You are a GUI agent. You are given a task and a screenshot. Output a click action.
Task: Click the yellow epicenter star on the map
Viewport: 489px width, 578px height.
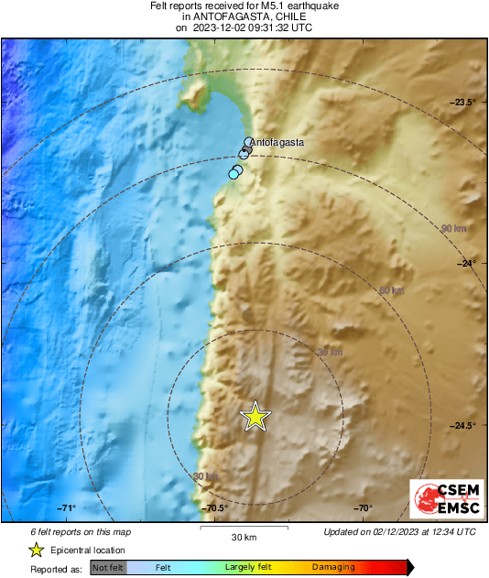(x=256, y=417)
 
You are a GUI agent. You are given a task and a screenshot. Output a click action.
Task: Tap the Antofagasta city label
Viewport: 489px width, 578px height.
(x=277, y=144)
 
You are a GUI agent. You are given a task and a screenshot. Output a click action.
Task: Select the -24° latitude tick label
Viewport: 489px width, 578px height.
(x=468, y=264)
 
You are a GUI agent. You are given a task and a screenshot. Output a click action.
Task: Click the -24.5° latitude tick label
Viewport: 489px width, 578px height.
(x=462, y=425)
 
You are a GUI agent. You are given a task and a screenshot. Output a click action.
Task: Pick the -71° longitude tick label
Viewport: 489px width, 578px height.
(x=67, y=508)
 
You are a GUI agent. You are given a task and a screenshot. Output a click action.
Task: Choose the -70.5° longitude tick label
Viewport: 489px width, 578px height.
(x=216, y=508)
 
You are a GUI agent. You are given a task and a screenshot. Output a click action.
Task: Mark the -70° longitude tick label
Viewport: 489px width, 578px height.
(x=364, y=508)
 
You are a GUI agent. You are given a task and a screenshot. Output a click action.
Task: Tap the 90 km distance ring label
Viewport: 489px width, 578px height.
(x=452, y=228)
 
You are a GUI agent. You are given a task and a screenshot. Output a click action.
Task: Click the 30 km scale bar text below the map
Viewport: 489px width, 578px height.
(x=244, y=537)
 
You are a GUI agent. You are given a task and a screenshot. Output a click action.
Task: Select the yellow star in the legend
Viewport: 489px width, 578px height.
(x=36, y=550)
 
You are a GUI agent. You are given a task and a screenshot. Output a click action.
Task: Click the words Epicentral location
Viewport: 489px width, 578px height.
(x=89, y=550)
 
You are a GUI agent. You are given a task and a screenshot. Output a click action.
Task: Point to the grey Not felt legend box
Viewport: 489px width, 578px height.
(x=108, y=568)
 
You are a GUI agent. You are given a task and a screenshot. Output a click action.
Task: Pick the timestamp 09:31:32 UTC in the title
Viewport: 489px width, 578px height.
(x=272, y=27)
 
